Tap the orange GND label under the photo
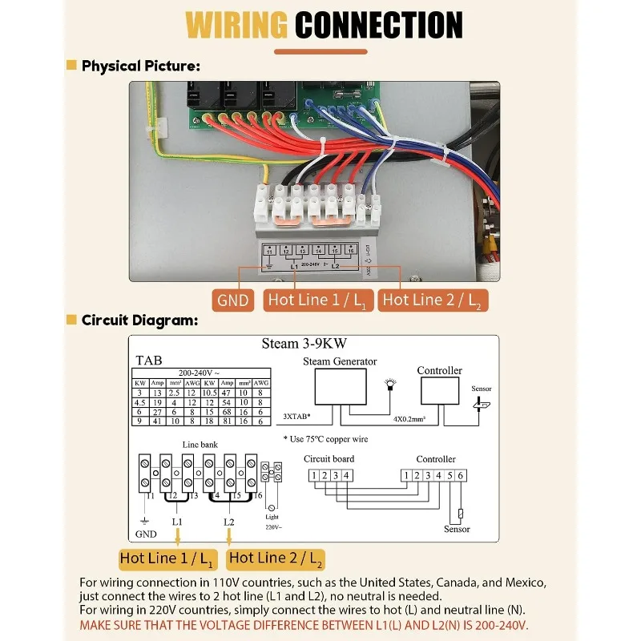234,300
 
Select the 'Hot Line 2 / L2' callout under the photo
433,300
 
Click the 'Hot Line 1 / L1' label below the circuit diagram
167,558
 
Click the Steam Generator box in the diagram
339,389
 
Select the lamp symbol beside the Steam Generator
392,385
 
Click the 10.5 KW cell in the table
210,393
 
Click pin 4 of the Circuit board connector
346,475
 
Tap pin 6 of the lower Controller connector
461,475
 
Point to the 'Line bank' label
200,444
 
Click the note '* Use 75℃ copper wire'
325,438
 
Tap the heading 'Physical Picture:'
140,66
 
